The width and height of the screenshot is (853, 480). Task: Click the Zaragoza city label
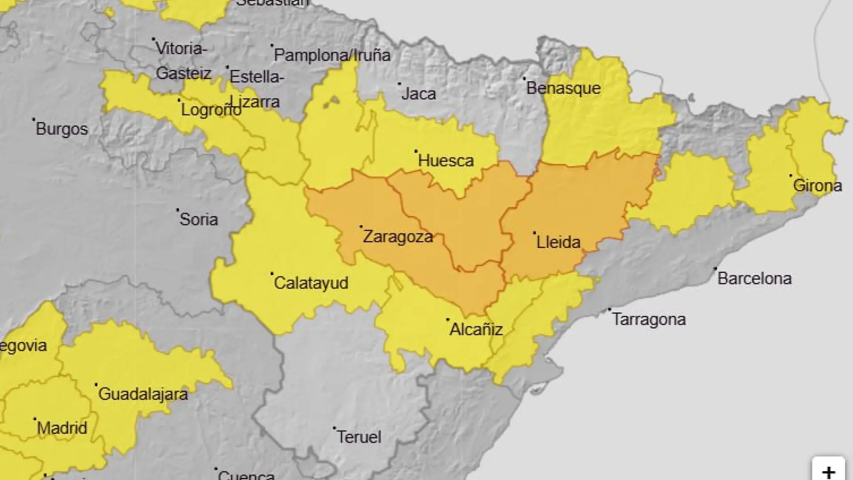[398, 236]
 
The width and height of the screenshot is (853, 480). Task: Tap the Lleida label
[558, 242]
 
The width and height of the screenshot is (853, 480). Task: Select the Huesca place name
[446, 160]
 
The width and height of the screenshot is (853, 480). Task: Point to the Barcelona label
[754, 279]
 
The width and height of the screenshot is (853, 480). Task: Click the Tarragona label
[649, 320]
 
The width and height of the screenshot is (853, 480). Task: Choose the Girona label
[817, 185]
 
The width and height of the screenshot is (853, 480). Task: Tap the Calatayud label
[311, 283]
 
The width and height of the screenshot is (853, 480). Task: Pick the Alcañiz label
[476, 329]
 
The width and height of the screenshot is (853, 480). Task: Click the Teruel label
[359, 437]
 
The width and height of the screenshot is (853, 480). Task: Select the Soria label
[198, 220]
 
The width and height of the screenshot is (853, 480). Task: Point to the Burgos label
[62, 129]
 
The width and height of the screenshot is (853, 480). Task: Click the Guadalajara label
[143, 394]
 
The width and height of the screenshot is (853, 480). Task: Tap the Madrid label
[62, 428]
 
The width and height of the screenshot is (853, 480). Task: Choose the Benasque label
[563, 88]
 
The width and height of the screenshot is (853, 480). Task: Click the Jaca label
[418, 94]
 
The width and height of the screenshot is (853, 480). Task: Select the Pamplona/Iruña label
[332, 55]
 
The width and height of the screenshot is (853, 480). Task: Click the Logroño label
[211, 110]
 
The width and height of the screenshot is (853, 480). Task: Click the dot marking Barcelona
[715, 268]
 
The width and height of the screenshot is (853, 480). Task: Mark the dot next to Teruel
[335, 428]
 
